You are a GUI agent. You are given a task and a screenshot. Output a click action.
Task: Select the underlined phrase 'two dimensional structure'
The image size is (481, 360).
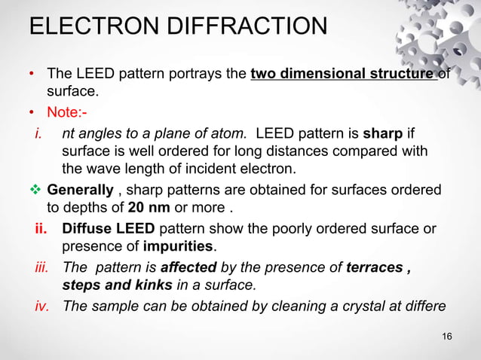343,74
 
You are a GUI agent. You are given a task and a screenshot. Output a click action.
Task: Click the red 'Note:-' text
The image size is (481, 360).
66,113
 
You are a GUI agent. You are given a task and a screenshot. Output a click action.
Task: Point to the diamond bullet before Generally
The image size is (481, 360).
35,188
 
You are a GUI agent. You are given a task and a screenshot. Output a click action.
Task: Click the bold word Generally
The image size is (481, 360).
79,188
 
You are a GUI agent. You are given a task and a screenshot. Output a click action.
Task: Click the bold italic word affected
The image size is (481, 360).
189,267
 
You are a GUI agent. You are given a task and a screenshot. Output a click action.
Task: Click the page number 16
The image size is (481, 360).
447,335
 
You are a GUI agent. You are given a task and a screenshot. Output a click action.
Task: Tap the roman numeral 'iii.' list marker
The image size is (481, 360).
42,267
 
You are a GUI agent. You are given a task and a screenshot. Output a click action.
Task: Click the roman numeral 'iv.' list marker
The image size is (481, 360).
42,307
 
